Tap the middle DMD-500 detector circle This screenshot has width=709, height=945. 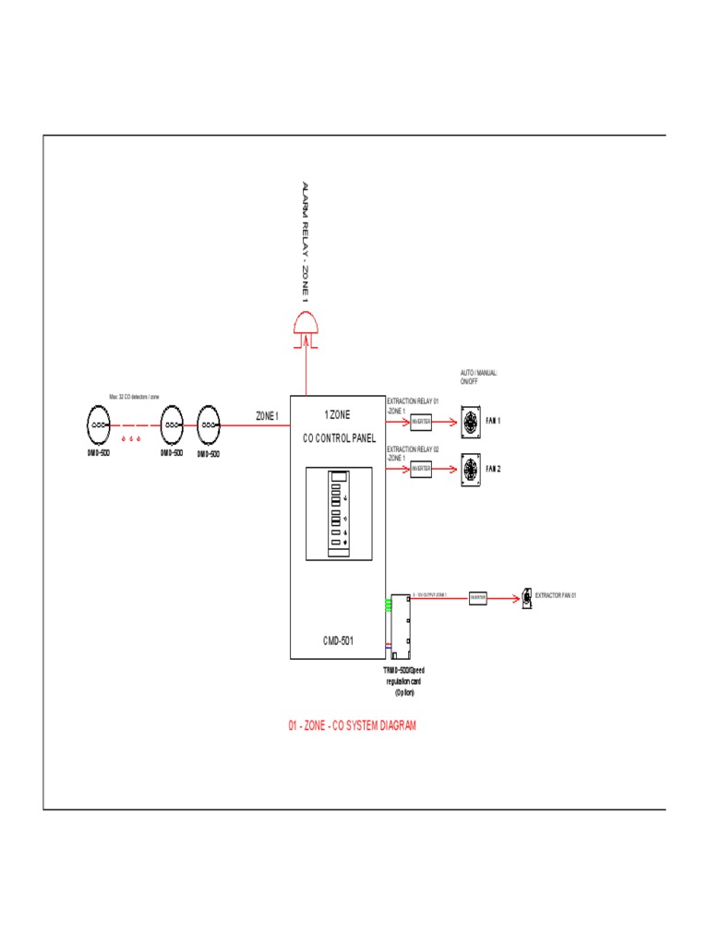coord(172,425)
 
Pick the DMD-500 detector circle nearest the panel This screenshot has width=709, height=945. coord(210,425)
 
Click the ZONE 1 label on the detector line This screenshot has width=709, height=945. coord(268,416)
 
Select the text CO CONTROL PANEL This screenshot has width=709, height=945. coord(338,438)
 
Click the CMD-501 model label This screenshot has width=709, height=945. coord(338,640)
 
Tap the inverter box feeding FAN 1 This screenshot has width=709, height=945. coord(421,422)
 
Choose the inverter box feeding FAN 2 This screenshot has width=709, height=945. coord(421,470)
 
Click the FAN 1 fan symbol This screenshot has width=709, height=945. coord(471,422)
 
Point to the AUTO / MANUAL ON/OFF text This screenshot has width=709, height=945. coord(479,377)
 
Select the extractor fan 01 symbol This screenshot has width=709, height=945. coord(526,597)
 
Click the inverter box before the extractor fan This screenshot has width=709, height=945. coord(477,598)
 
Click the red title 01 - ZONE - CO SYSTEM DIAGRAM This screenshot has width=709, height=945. coord(352,726)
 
